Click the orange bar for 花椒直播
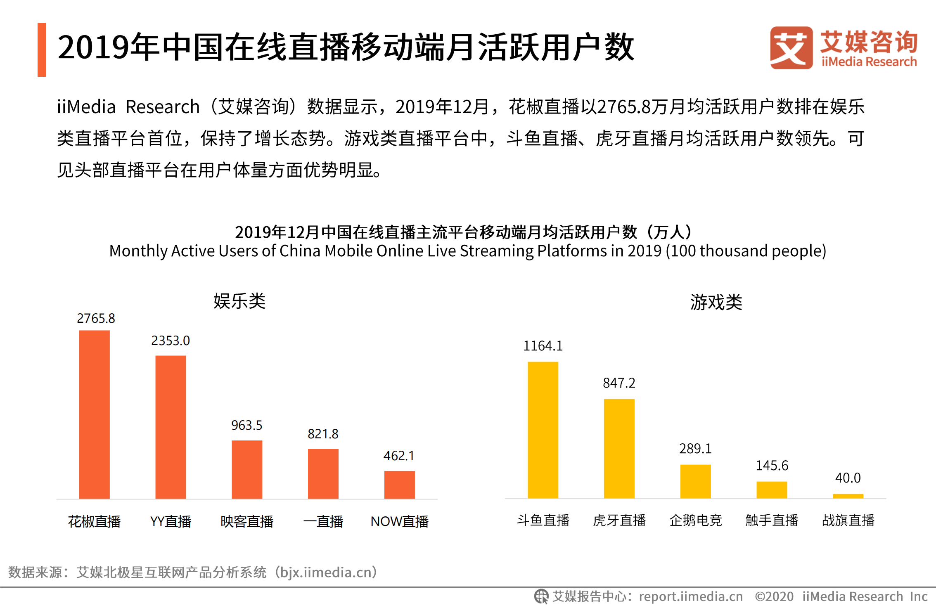tap(94, 415)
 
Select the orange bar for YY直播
tap(171, 427)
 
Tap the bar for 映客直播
tap(247, 470)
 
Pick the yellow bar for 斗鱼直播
tap(543, 430)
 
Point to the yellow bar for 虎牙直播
tap(619, 449)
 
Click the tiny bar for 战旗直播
tap(848, 496)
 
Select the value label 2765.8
tap(96, 318)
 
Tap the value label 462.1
tap(399, 456)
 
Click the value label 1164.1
tap(543, 346)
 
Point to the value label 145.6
tap(772, 466)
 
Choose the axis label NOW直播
tap(399, 521)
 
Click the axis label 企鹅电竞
tap(695, 520)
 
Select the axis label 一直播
tap(323, 521)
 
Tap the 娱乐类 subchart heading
tap(239, 301)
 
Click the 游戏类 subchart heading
tap(716, 302)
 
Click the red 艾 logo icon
tap(791, 48)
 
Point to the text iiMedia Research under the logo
tap(869, 62)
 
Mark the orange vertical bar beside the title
tap(42, 50)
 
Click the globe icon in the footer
tap(541, 596)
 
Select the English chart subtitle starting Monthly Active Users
tap(467, 251)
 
